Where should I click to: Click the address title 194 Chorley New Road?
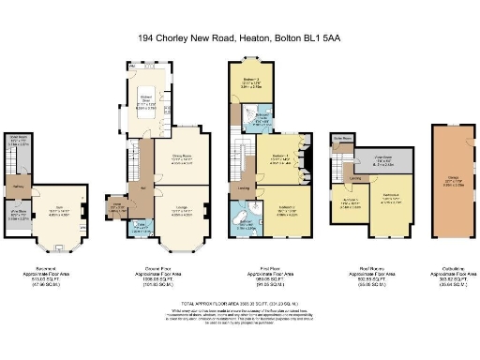(239, 38)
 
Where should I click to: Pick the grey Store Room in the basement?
(20, 145)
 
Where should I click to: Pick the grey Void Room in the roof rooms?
(382, 159)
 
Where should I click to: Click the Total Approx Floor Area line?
(240, 306)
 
